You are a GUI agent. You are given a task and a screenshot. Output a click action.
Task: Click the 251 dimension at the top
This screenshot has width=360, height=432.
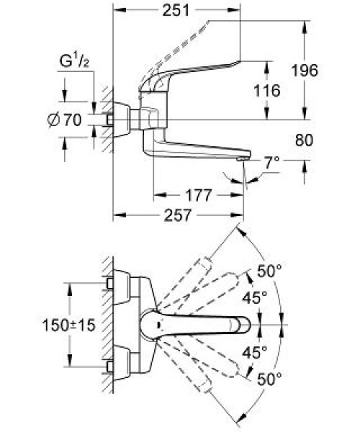pyautogui.click(x=176, y=11)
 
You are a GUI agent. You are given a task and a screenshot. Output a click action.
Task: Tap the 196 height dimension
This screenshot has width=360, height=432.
pyautogui.click(x=305, y=71)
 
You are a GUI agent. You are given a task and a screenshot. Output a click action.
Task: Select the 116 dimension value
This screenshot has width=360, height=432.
pyautogui.click(x=266, y=91)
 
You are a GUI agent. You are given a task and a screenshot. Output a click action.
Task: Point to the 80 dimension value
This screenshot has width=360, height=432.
pyautogui.click(x=304, y=140)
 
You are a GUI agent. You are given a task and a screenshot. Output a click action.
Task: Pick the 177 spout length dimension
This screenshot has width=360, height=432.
pyautogui.click(x=198, y=195)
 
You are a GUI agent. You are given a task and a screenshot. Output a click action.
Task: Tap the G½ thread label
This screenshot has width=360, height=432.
pyautogui.click(x=74, y=61)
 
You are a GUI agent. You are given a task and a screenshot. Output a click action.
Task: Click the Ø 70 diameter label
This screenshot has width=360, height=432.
pyautogui.click(x=65, y=120)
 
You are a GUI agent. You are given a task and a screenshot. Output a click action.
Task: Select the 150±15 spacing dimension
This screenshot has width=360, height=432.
pyautogui.click(x=68, y=325)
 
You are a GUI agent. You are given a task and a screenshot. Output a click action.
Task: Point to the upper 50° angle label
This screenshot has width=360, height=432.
pyautogui.click(x=270, y=271)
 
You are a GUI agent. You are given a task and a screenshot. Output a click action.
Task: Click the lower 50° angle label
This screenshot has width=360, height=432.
pyautogui.click(x=270, y=379)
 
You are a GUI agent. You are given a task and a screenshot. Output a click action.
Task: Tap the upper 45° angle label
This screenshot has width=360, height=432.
pyautogui.click(x=254, y=298)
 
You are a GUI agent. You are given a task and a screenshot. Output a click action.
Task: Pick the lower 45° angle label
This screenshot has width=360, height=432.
pyautogui.click(x=254, y=352)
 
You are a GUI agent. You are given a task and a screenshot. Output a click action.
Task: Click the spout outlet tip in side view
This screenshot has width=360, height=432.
pyautogui.click(x=243, y=158)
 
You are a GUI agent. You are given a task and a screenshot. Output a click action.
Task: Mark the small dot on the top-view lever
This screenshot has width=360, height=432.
pyautogui.click(x=158, y=325)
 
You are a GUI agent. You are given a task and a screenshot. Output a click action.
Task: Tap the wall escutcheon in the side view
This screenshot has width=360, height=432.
pyautogui.click(x=121, y=120)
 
